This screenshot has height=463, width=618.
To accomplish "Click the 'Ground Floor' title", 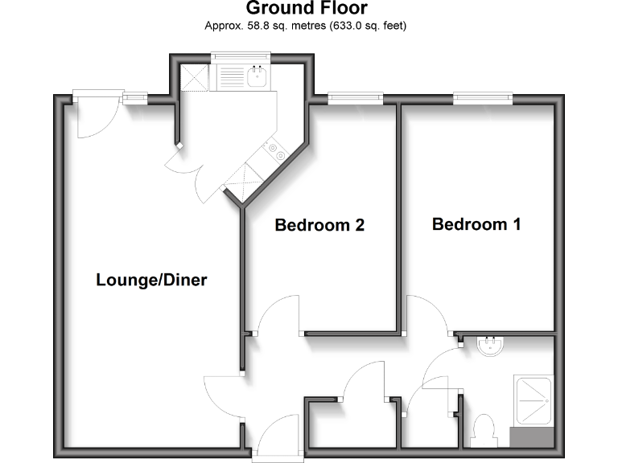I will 307,9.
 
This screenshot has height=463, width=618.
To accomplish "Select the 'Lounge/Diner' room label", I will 151,281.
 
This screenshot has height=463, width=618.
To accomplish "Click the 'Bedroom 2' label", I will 319,225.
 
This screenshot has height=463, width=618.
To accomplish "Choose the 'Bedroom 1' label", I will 476,224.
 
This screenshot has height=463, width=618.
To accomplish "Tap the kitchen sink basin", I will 257,76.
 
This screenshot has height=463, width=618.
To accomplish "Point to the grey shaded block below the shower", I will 532,438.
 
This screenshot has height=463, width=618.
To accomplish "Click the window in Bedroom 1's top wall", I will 483,99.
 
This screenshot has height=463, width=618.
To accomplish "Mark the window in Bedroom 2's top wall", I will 355,99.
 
